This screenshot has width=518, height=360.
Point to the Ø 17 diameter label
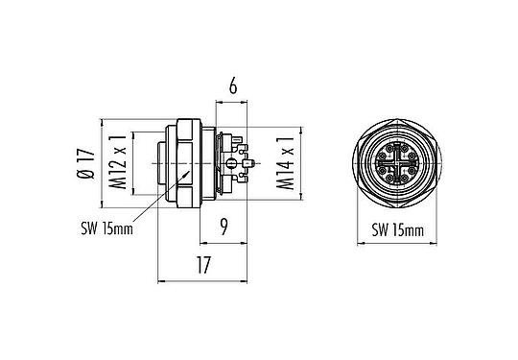[x=86, y=164]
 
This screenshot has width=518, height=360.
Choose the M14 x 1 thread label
[x=286, y=164]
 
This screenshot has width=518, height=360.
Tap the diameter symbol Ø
[x=86, y=175]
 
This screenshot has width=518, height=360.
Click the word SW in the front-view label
[x=378, y=230]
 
